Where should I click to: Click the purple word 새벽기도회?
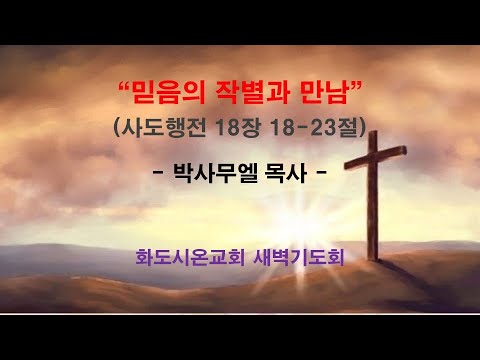(301, 258)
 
